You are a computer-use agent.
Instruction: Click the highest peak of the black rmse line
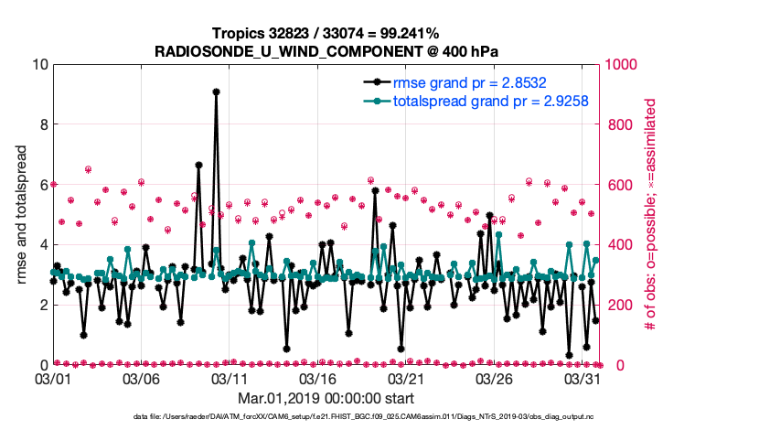click(x=216, y=91)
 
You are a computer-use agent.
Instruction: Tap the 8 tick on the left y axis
click(x=41, y=124)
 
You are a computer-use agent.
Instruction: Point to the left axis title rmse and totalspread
click(x=22, y=215)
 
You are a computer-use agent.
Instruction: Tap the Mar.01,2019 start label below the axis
click(x=326, y=398)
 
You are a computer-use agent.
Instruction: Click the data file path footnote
click(x=379, y=417)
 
